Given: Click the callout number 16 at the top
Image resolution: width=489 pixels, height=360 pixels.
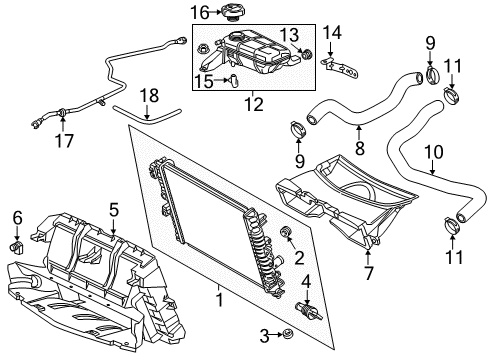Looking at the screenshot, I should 199,12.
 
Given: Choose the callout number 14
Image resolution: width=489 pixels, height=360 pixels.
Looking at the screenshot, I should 333,34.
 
